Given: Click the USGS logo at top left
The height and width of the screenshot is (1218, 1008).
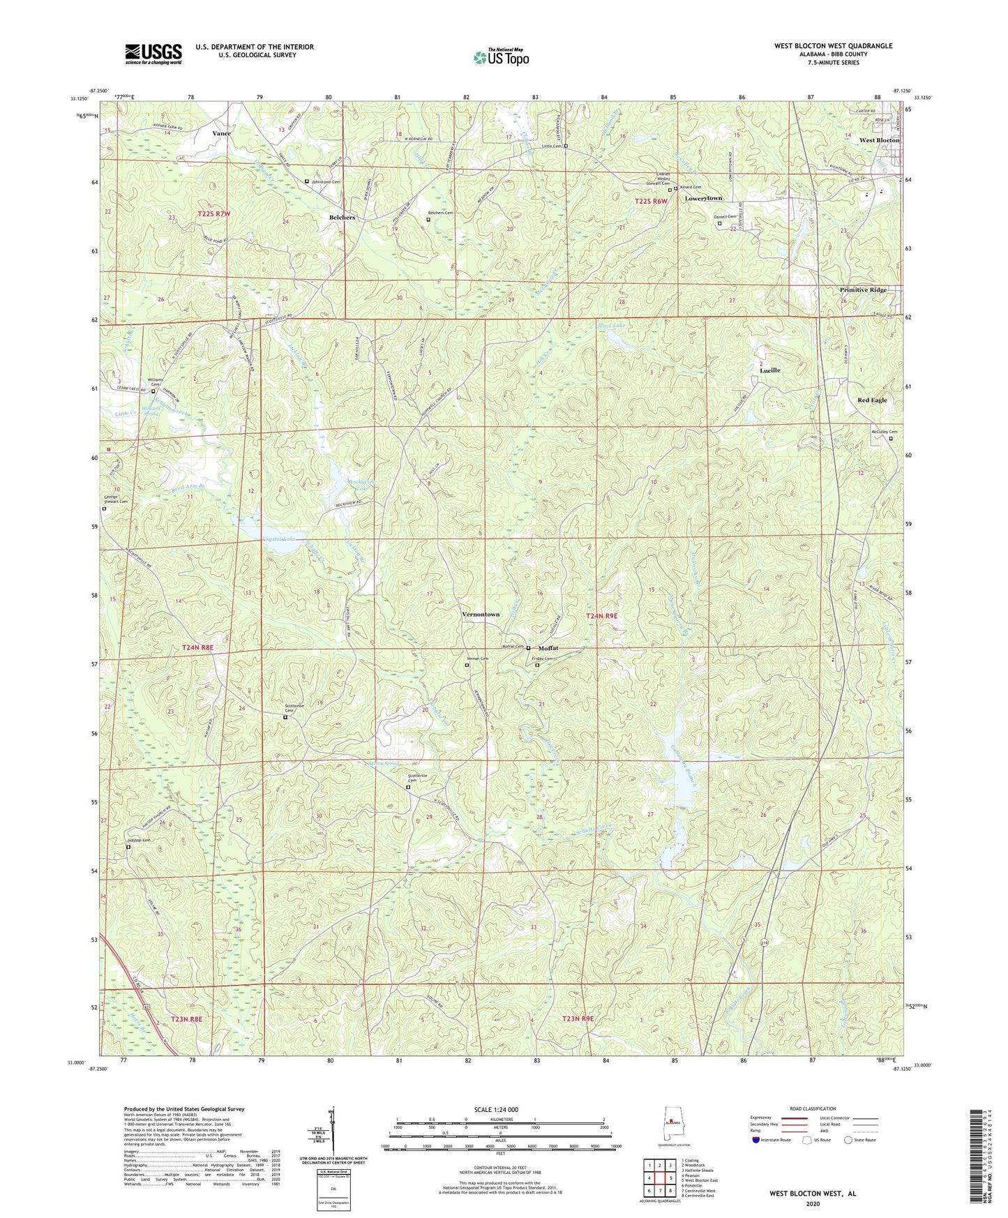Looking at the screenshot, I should click(x=153, y=54).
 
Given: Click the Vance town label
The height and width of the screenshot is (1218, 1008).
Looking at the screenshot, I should click(x=222, y=133).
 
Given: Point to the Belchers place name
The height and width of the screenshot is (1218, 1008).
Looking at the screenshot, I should click(x=342, y=218).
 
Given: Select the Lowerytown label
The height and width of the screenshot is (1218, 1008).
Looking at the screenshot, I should click(x=703, y=198).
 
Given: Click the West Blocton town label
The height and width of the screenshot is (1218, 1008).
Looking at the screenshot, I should click(x=879, y=140).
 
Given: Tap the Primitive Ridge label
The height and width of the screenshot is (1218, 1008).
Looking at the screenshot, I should click(x=863, y=290).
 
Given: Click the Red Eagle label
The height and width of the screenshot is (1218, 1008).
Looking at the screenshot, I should click(x=872, y=400).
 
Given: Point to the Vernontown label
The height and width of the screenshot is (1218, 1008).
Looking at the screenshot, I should click(x=481, y=614).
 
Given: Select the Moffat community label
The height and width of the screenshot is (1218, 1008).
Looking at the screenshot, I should click(x=548, y=648).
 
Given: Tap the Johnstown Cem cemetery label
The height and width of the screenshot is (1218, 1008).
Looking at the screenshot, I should click(x=326, y=181).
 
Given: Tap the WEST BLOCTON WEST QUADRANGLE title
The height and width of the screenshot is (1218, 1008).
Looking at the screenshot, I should click(x=833, y=46).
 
